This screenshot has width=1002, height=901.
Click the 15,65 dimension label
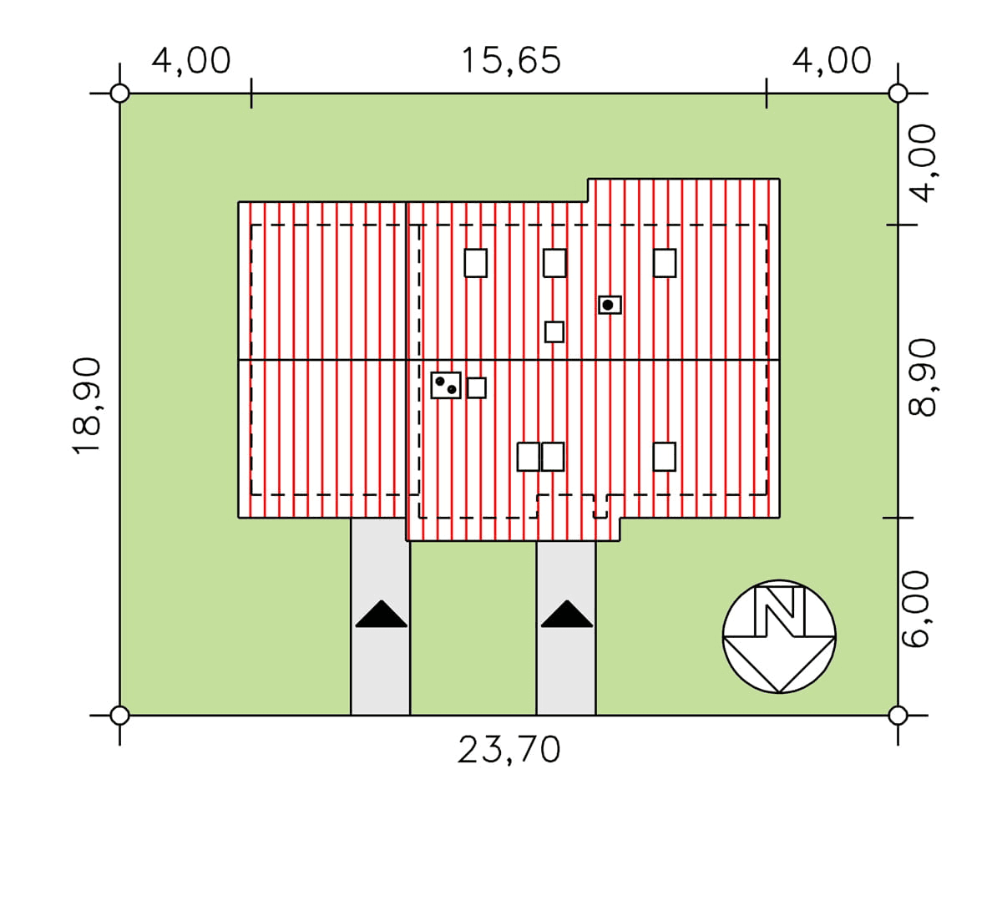click(x=511, y=61)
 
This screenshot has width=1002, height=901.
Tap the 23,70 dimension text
click(x=509, y=751)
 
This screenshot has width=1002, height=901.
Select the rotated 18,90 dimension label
click(x=88, y=405)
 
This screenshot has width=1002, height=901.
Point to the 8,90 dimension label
click(x=922, y=377)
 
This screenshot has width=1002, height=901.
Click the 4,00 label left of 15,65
click(x=191, y=61)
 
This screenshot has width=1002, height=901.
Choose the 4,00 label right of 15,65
click(x=832, y=61)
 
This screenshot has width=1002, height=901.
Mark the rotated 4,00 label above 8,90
click(x=923, y=163)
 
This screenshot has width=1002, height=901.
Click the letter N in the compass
click(x=780, y=611)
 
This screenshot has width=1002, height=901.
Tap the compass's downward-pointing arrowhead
click(x=779, y=665)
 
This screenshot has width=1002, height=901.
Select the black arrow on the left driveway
click(x=382, y=613)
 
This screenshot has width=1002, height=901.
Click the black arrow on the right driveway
click(x=567, y=613)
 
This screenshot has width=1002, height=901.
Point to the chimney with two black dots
click(x=446, y=385)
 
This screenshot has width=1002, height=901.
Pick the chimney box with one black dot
click(x=610, y=305)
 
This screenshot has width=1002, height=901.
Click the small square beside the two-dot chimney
click(x=477, y=388)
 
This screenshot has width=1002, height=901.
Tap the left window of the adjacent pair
click(x=528, y=457)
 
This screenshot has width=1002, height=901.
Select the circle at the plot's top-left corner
click(x=119, y=94)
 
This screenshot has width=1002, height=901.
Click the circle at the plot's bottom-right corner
click(x=898, y=716)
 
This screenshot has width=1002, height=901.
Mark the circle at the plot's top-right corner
click(x=898, y=94)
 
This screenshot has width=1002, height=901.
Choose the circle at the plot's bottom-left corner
click(x=119, y=716)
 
